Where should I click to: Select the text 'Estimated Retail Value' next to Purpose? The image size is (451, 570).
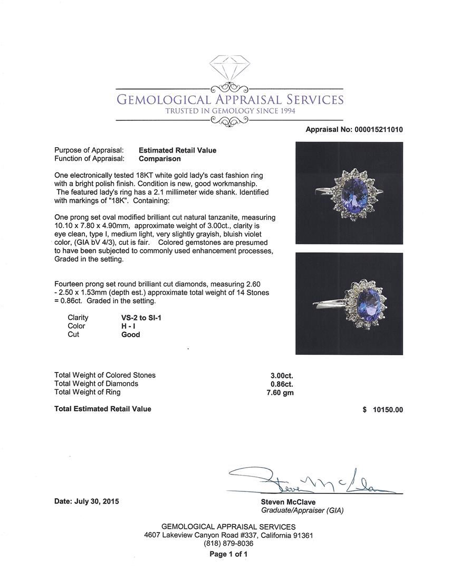point(177,150)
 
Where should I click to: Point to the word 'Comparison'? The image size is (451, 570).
point(160,158)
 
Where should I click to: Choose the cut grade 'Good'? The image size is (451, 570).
point(131,335)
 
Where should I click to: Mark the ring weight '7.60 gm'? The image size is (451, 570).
point(281,392)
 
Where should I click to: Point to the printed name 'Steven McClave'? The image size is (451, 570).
point(288,502)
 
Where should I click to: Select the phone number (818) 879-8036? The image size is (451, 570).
point(228,543)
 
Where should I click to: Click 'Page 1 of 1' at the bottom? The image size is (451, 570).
point(228,554)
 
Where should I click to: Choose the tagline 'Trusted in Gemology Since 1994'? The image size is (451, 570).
point(230,111)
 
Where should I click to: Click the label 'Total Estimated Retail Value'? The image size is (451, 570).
point(103,409)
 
